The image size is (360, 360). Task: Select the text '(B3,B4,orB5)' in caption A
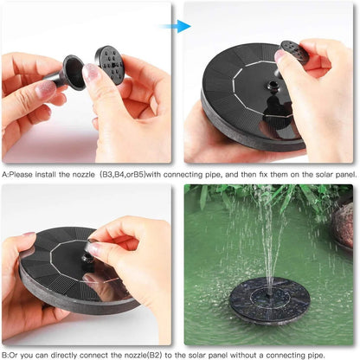(124, 173)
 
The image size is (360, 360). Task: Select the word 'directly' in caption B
(66, 353)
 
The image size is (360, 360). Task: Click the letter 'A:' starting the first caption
(6, 173)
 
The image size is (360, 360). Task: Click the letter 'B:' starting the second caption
(6, 353)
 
